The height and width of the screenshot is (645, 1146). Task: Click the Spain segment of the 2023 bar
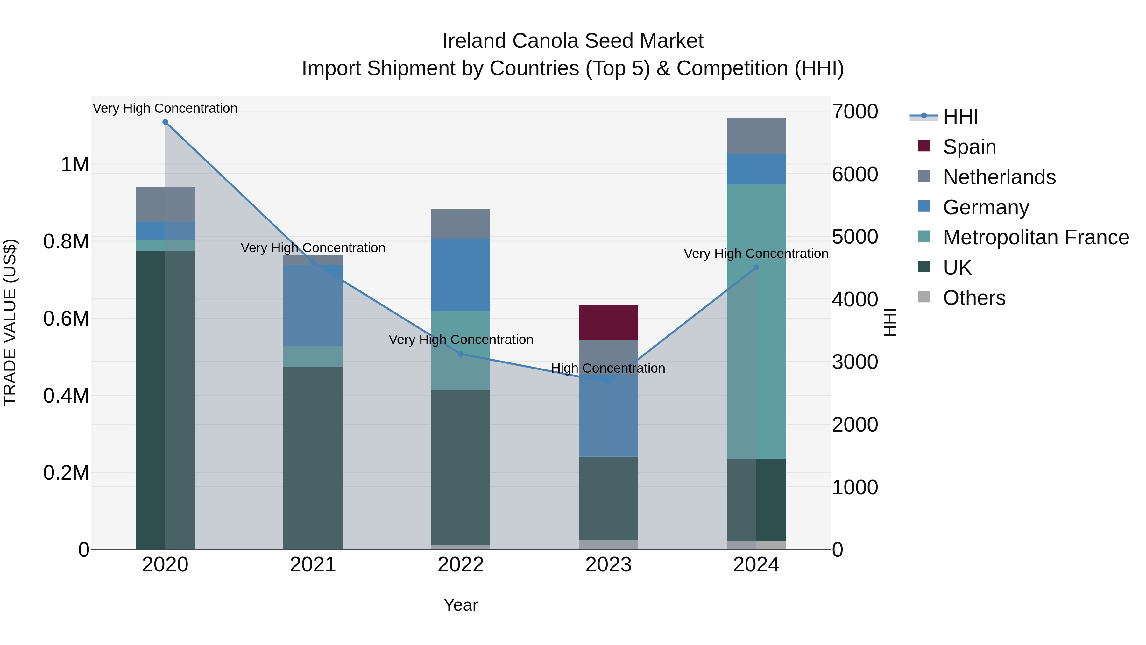(x=608, y=322)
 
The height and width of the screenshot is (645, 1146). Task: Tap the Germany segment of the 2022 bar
(x=460, y=274)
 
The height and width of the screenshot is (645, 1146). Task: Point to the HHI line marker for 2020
(x=165, y=122)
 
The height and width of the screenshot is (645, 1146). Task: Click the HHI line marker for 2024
(x=756, y=268)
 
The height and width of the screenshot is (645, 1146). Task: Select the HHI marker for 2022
(x=460, y=354)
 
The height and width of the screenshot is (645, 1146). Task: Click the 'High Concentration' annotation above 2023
(x=608, y=369)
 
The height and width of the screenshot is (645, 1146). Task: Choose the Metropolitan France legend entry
(x=1036, y=237)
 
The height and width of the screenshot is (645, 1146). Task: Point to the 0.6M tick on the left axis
(x=66, y=319)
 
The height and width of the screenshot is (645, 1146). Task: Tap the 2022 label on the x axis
(x=460, y=565)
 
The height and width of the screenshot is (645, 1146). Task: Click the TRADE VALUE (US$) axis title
(x=10, y=322)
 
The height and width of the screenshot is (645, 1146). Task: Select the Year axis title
(x=460, y=605)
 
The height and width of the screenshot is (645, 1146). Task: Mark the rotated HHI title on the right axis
(x=889, y=322)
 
